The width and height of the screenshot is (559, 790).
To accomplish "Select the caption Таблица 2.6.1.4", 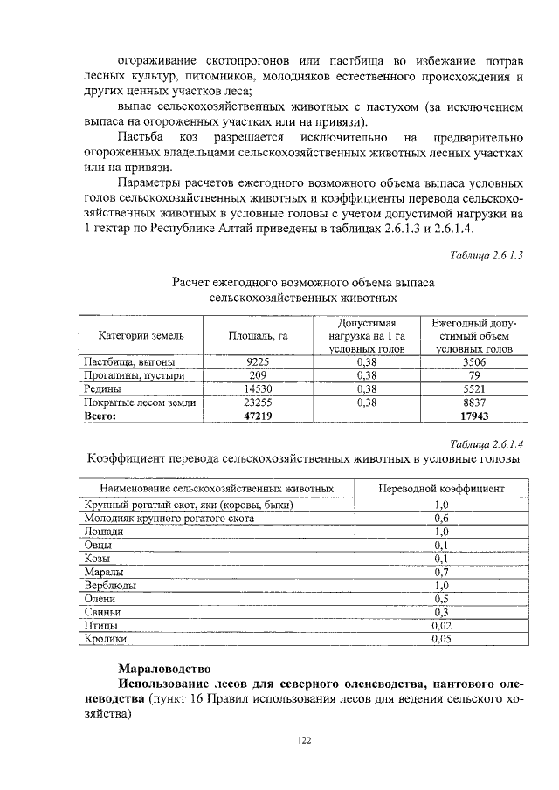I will coord(486,443).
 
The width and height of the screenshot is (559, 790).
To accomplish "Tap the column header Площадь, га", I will coord(258,334).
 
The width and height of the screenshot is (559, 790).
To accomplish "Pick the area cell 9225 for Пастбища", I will coord(258,361).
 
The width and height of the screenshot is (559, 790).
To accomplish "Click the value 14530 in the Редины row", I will coord(258,388).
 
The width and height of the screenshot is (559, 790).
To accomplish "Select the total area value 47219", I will coord(258,416).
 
